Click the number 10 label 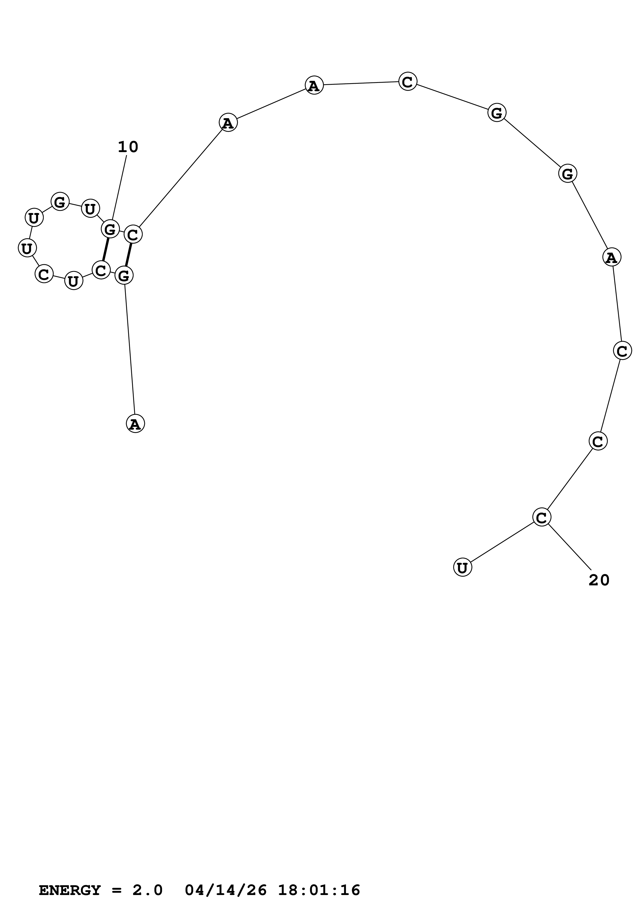coord(128,147)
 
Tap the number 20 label coord(599,580)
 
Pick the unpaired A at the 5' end coord(135,424)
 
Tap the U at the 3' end coord(462,567)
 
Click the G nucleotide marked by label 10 coord(110,229)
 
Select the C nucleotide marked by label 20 coord(542,517)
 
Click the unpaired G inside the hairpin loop coord(60,202)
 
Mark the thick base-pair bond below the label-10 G coord(105,250)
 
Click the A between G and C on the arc coord(612,257)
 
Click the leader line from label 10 coord(119,188)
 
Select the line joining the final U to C coord(502,542)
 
